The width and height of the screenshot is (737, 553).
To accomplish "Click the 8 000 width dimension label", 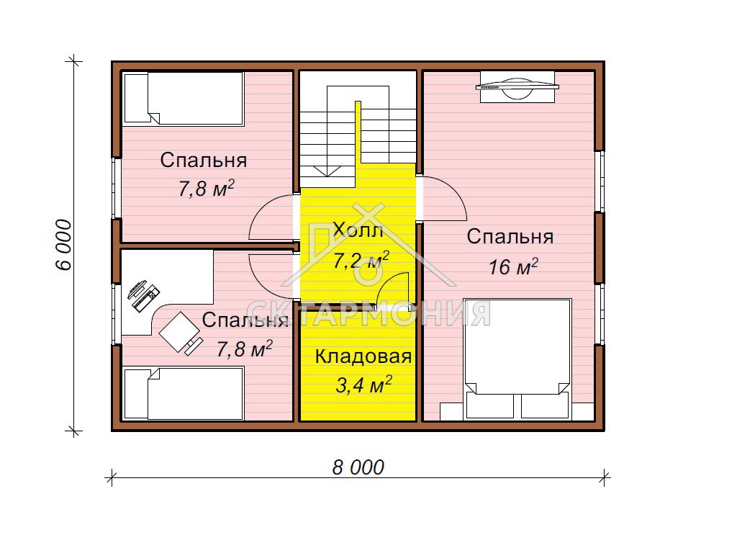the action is click(358, 467).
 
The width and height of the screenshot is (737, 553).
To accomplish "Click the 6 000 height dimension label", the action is click(64, 245).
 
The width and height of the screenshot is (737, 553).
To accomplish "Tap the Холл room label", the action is click(358, 230).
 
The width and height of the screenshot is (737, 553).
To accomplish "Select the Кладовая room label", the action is click(363, 356).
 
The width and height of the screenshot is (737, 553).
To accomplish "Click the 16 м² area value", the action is click(513, 266).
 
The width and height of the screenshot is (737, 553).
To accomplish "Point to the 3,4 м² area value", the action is click(363, 385).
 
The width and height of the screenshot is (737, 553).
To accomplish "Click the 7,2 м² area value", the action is click(361, 259).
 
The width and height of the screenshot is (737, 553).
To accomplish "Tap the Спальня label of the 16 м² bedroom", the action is click(510, 236).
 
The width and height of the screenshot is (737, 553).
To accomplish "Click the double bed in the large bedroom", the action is click(517, 359).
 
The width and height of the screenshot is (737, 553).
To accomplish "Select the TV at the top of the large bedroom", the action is click(517, 86).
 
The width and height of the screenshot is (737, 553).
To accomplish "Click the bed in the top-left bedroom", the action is click(184, 98).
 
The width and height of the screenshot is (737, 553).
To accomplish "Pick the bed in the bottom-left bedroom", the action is click(184, 394).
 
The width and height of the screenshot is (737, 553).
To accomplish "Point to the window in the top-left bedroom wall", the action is click(116, 188).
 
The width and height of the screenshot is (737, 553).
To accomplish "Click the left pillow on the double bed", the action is click(489, 405).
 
